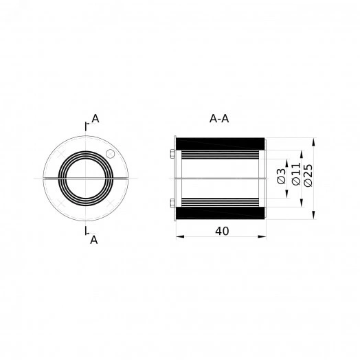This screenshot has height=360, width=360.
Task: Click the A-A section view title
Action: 219,119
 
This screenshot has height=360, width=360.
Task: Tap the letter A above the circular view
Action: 95,119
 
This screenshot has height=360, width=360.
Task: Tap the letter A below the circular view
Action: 94,240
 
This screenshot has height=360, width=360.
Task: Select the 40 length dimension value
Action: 222,231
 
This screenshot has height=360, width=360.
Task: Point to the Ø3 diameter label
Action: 281,176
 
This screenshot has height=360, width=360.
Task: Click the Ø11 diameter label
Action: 296,174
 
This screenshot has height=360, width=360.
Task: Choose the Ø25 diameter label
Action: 308,175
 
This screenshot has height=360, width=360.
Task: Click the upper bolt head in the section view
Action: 172,154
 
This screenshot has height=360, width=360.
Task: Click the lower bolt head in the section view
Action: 172,203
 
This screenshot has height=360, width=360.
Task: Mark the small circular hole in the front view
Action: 111,154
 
